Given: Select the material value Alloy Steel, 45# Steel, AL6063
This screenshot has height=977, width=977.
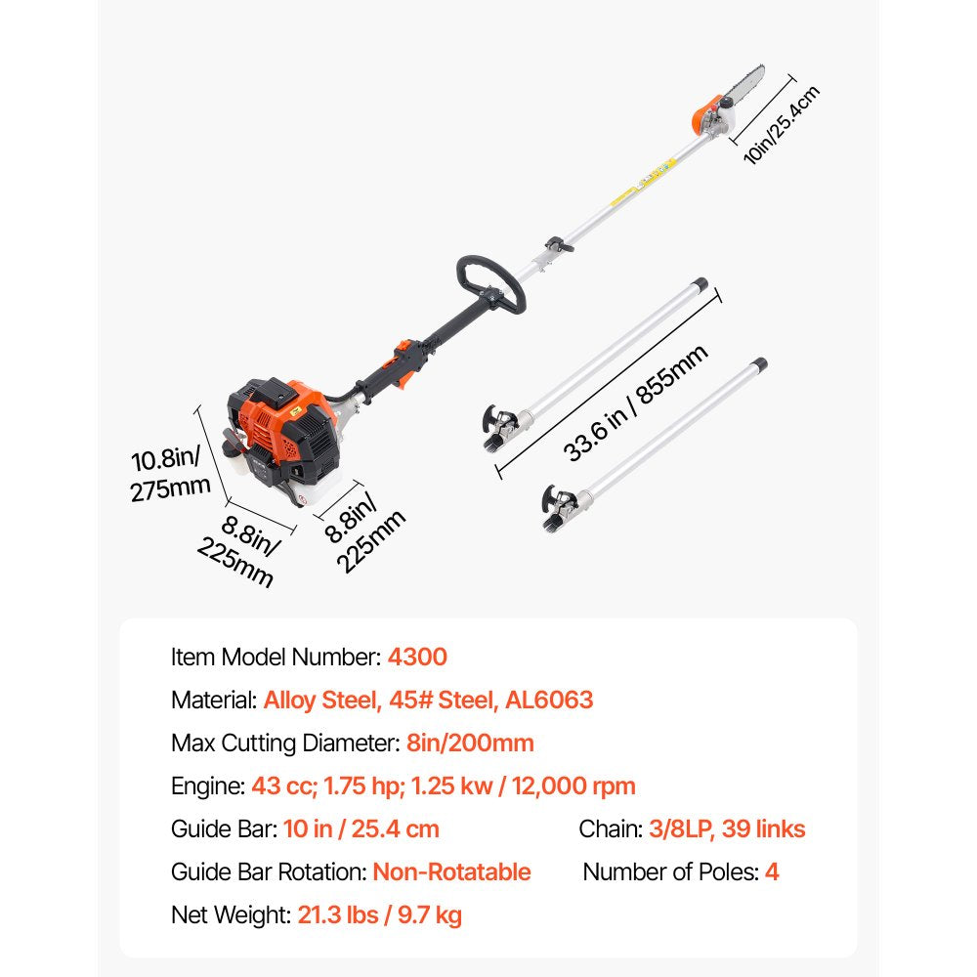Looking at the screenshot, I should [428, 700].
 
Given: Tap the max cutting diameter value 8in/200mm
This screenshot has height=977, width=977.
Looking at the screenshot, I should [469, 743].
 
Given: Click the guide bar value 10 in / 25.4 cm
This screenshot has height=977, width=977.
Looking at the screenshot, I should [361, 829].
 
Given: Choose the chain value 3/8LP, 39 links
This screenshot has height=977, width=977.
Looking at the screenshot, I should [727, 829].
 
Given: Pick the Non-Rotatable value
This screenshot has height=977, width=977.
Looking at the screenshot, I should [451, 871].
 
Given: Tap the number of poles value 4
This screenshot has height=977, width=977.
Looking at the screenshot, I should [772, 871].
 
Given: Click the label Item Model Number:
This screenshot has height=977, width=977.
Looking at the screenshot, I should [276, 657].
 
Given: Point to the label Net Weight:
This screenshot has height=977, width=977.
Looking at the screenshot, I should [231, 915].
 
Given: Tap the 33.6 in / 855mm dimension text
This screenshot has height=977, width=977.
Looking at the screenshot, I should [635, 403].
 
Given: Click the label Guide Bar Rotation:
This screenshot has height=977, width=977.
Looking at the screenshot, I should [269, 871].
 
